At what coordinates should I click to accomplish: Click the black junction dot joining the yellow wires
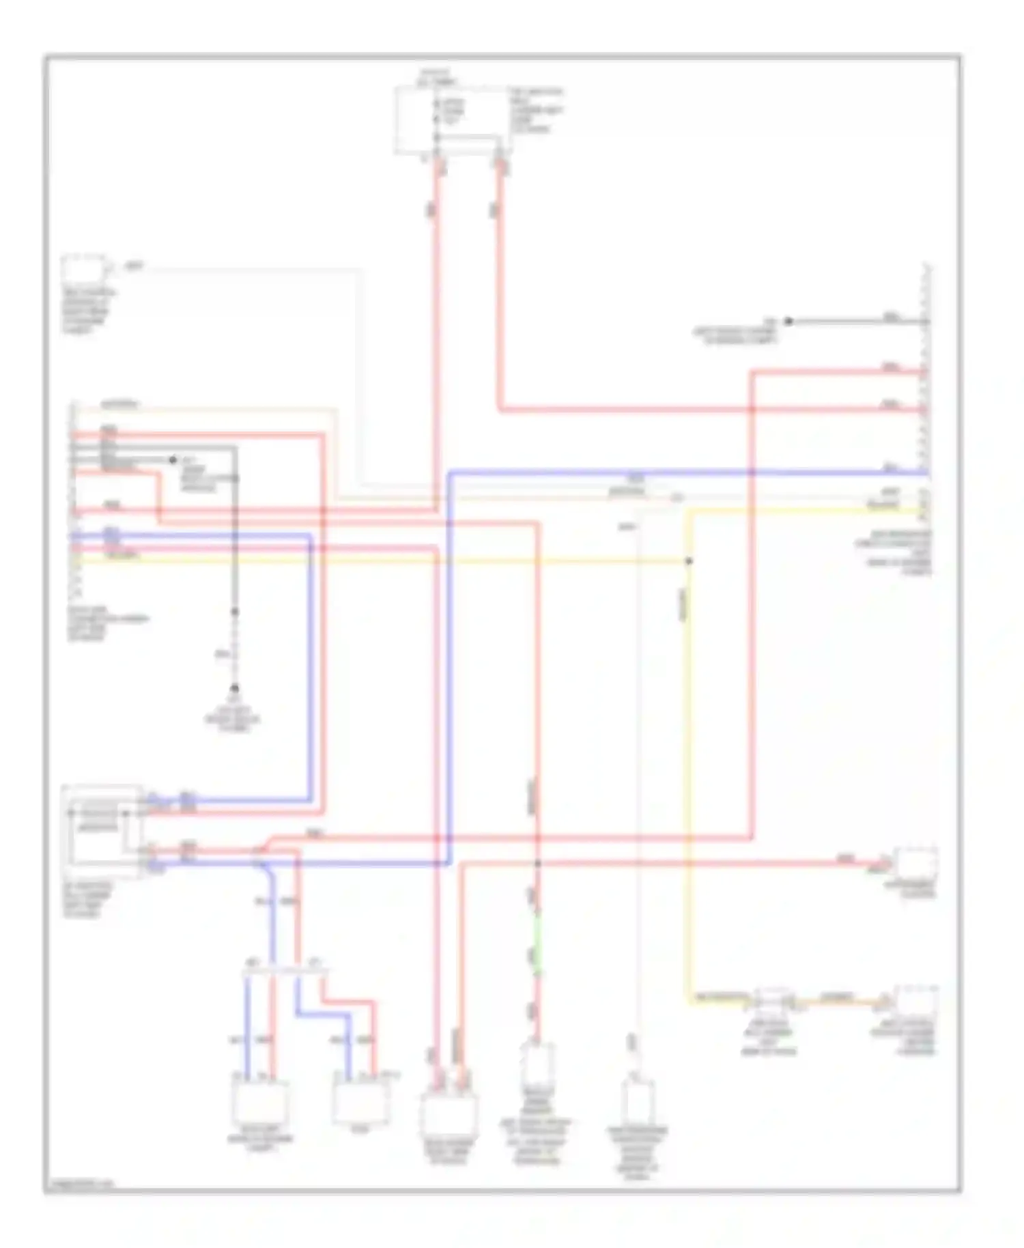pos(689,561)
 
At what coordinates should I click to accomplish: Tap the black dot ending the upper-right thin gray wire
pos(788,321)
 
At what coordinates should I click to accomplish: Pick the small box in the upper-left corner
pos(84,269)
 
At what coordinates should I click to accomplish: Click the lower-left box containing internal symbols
pos(102,829)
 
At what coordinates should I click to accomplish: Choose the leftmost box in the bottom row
pos(260,1098)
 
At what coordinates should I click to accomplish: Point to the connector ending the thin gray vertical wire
pos(638,1099)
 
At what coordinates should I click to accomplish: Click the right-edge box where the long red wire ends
pos(916,864)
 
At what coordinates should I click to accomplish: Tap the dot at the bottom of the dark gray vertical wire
pos(234,688)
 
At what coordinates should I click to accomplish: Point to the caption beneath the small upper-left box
pos(88,311)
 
